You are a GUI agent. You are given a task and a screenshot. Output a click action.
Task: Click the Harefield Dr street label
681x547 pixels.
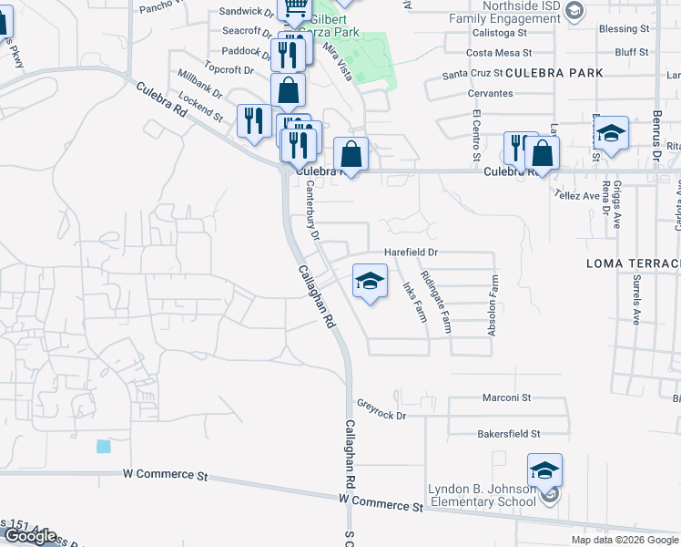(x=411, y=252)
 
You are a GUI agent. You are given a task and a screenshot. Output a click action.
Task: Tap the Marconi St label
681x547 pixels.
(x=508, y=397)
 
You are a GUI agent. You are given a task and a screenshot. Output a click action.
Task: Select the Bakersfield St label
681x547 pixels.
(x=509, y=434)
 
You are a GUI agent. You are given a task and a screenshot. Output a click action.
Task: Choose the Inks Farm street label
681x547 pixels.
(x=414, y=301)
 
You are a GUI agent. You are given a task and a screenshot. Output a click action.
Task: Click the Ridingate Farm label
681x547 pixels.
(x=435, y=301)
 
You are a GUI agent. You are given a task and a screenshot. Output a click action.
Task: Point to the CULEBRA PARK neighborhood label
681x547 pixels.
(x=542, y=72)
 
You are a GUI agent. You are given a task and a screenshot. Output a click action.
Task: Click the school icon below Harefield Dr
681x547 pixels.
(x=370, y=284)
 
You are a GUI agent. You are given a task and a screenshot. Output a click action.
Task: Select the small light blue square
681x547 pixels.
(x=103, y=447)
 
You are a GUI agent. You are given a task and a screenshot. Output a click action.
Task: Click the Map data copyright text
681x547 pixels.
(x=625, y=540)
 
